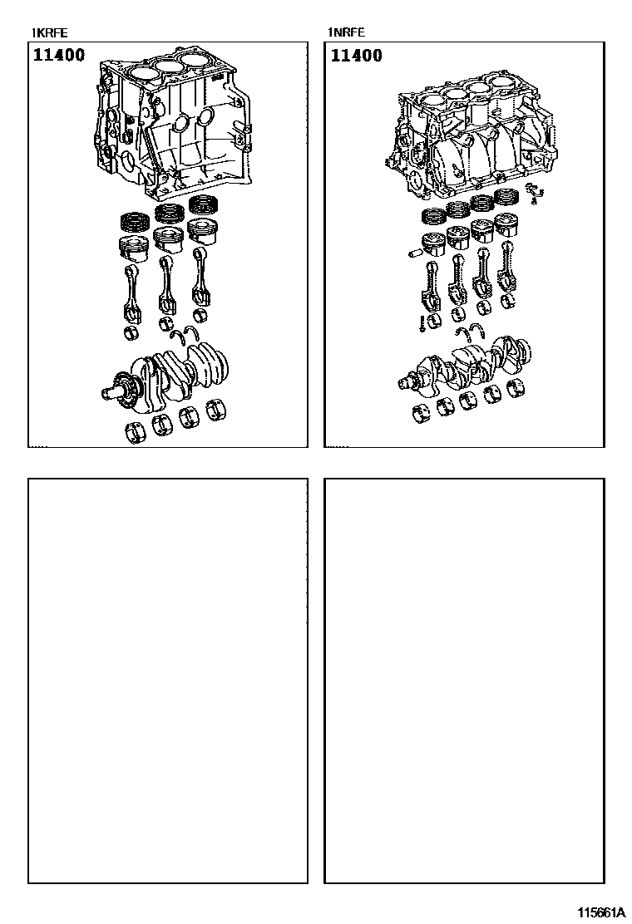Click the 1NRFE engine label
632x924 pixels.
347,33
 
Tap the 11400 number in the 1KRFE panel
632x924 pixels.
59,56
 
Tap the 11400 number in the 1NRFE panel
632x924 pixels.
356,56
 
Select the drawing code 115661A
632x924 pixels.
600,913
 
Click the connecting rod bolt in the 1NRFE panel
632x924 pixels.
422,323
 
